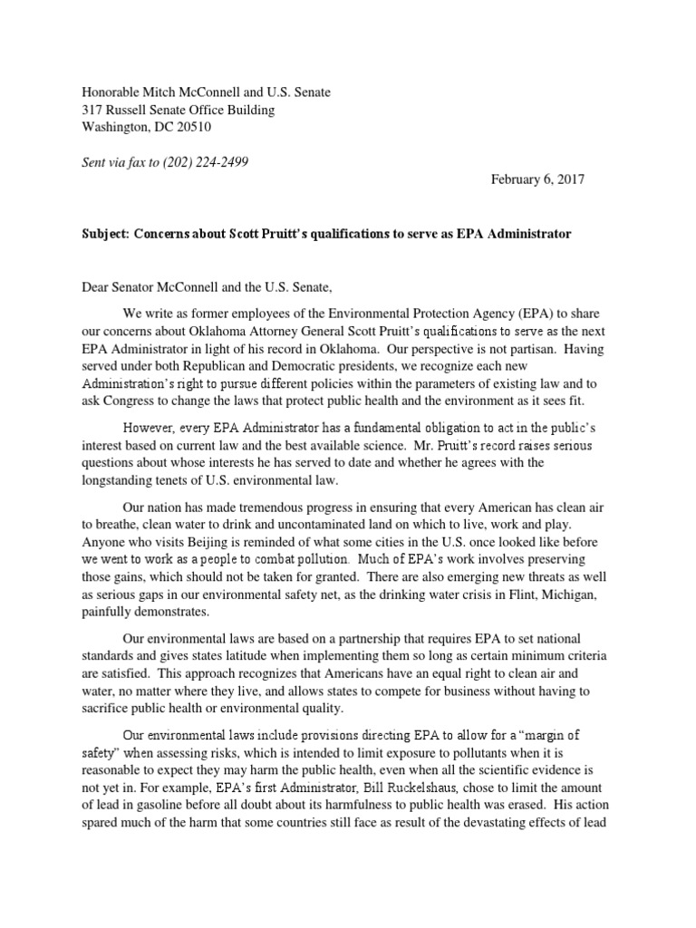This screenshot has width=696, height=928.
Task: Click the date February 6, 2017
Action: [x=538, y=179]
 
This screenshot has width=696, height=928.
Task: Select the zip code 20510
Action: [x=191, y=128]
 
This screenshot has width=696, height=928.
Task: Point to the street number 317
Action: [x=93, y=111]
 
